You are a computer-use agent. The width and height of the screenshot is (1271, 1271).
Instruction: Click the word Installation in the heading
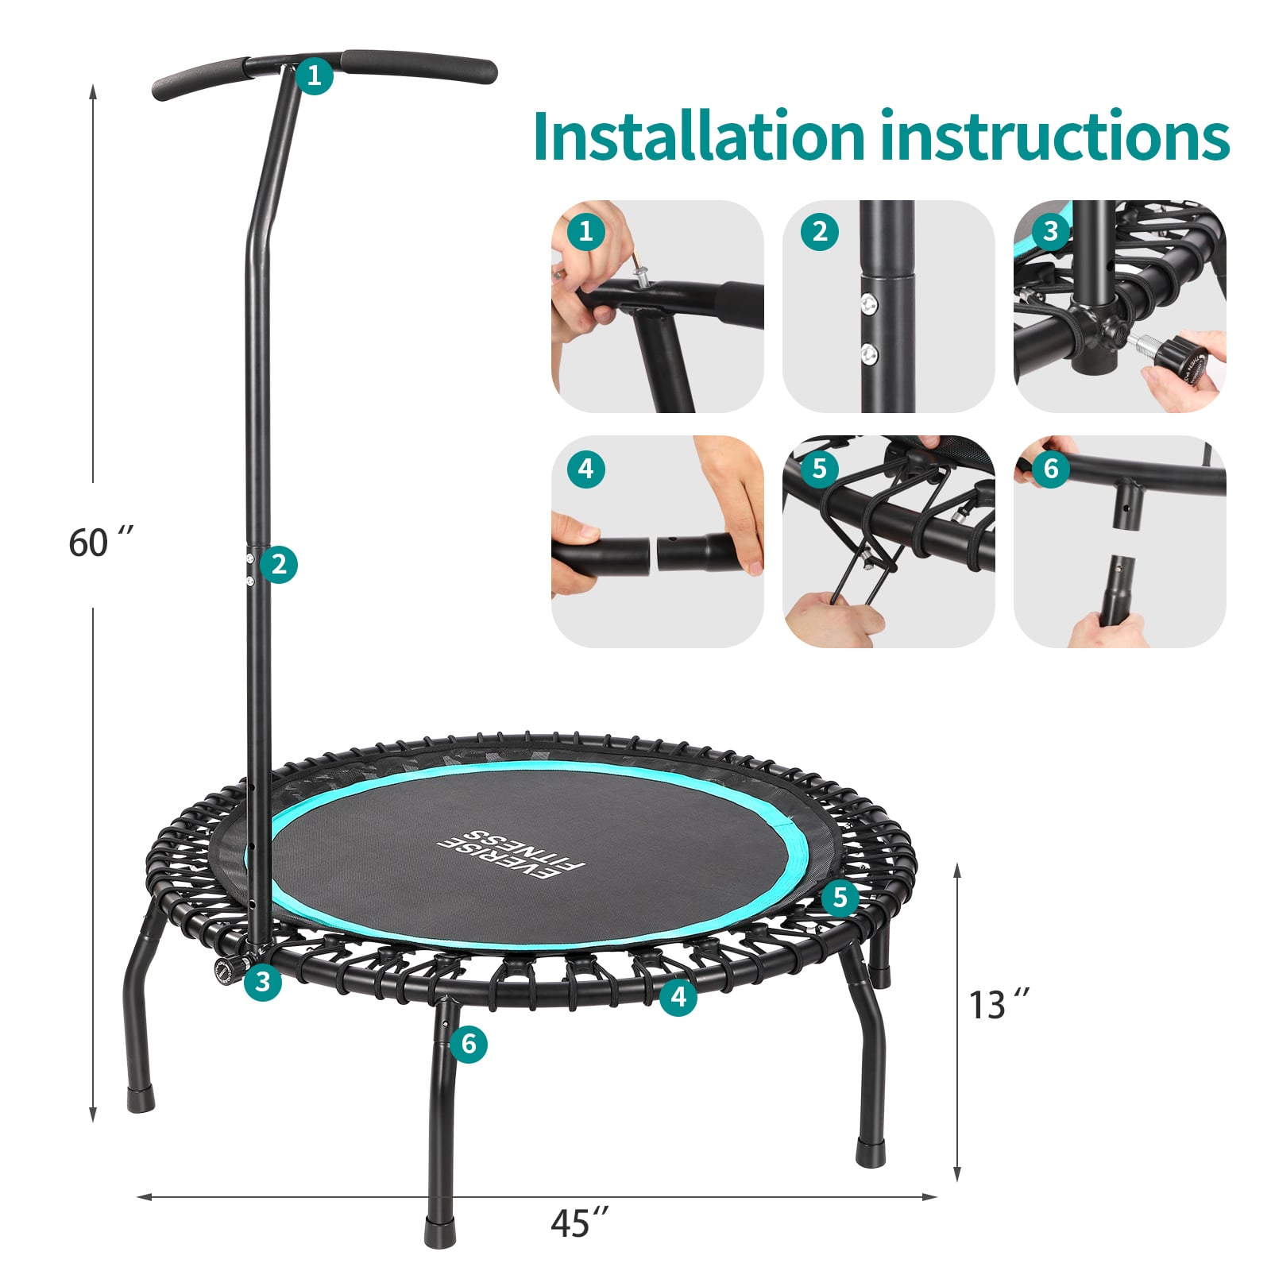tap(699, 136)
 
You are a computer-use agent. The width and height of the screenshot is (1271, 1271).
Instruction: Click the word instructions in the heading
tap(1056, 136)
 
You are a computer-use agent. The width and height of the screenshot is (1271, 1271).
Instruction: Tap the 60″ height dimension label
tap(101, 543)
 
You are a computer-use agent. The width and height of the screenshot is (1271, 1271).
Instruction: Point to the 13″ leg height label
tap(999, 1005)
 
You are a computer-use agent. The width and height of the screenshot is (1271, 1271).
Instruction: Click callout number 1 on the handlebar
tap(315, 76)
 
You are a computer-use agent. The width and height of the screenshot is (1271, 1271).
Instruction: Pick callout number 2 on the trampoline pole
tap(279, 565)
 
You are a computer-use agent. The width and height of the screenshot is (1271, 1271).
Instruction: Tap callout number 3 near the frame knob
tap(263, 982)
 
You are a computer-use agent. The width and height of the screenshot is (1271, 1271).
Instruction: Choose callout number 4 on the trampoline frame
tap(678, 996)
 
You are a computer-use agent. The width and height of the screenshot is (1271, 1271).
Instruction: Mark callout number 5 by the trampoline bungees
tap(840, 898)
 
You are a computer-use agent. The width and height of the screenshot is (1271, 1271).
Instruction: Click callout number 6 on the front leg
tap(469, 1043)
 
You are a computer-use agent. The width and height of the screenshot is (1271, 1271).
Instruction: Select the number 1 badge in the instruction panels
tap(586, 231)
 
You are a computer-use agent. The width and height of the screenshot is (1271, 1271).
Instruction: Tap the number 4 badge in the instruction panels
tap(586, 469)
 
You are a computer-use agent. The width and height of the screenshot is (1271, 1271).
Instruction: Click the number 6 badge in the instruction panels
tap(1050, 469)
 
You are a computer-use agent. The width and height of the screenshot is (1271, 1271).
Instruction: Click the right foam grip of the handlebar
tap(419, 66)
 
